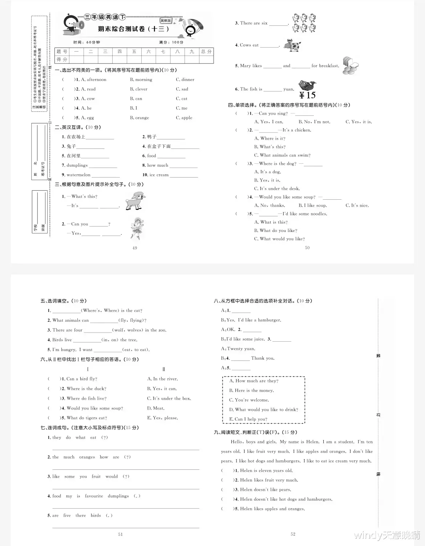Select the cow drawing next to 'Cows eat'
click(x=293, y=45)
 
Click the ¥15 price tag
click(x=307, y=95)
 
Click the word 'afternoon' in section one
click(x=97, y=80)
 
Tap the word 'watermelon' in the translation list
click(x=78, y=175)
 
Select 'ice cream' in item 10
click(x=159, y=175)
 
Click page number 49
click(x=135, y=248)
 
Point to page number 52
click(x=293, y=534)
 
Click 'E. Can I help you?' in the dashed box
click(x=248, y=419)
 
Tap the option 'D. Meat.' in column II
click(x=156, y=408)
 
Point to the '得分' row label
click(x=62, y=60)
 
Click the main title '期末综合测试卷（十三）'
click(x=134, y=29)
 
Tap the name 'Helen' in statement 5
click(x=246, y=509)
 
